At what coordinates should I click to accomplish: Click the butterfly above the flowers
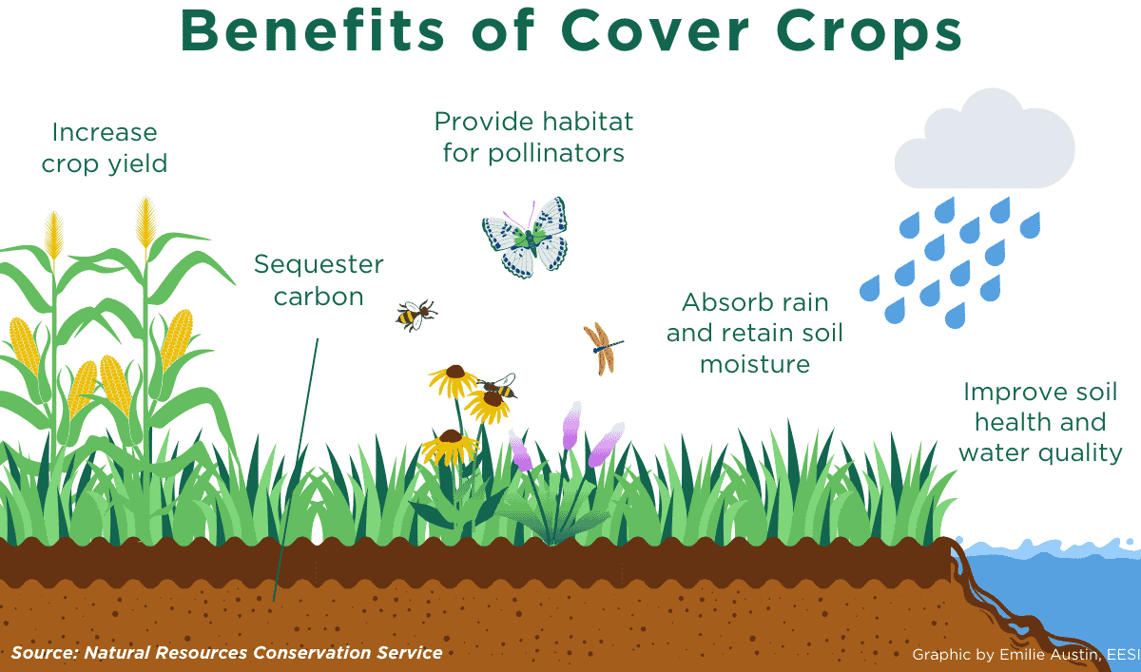click(525, 238)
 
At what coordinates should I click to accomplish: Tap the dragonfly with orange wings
click(603, 349)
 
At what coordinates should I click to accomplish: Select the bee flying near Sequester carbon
click(416, 316)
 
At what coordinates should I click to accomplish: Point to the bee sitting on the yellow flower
click(497, 387)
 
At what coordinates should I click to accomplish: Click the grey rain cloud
click(985, 140)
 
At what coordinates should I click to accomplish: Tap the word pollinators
click(555, 154)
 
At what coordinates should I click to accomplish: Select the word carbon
click(319, 297)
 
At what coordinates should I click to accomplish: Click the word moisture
click(755, 364)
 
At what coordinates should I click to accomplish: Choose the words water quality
click(1040, 453)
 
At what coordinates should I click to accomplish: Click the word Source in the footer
click(43, 653)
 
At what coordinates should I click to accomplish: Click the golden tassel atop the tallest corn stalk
click(145, 222)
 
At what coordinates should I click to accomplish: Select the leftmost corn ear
click(25, 345)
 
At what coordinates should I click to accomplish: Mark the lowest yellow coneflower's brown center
click(451, 435)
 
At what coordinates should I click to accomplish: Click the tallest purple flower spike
click(572, 426)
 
